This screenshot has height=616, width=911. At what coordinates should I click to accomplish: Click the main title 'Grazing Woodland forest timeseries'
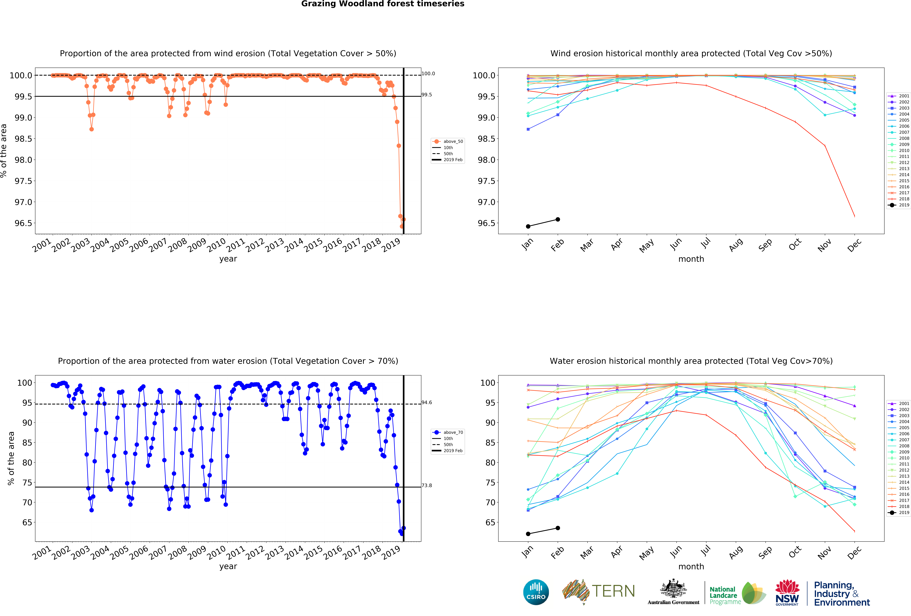tap(383, 4)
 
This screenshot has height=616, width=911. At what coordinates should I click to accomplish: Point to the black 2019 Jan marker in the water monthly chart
tap(528, 534)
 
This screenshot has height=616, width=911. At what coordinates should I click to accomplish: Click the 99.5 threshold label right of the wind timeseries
tap(427, 94)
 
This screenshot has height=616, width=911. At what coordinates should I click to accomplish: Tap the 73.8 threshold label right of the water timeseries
tap(427, 485)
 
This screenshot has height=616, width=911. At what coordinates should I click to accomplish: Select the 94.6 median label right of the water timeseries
tap(427, 402)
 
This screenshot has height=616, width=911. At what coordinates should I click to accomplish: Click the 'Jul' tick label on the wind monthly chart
tap(705, 244)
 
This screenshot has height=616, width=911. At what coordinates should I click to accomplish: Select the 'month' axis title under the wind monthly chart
tap(691, 259)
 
